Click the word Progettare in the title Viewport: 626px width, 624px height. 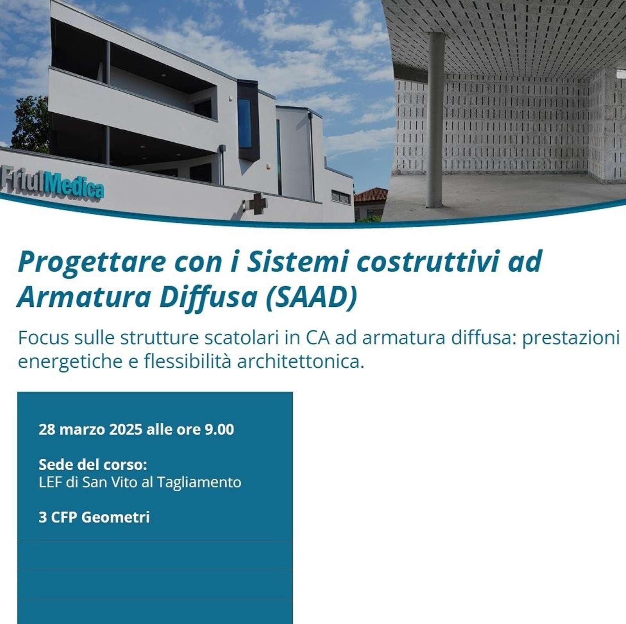click(x=92, y=263)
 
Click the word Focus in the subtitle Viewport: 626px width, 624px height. click(x=43, y=338)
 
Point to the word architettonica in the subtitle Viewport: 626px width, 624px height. click(x=300, y=361)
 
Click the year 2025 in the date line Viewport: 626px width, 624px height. click(x=126, y=430)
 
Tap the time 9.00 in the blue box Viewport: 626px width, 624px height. click(x=219, y=430)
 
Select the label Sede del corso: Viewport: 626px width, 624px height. click(x=93, y=465)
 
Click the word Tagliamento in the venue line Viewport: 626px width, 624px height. click(x=199, y=483)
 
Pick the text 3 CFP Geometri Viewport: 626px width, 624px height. click(x=94, y=517)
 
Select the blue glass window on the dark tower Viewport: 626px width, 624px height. click(x=245, y=123)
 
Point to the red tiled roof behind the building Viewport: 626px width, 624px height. click(x=371, y=195)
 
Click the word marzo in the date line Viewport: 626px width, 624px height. click(x=83, y=430)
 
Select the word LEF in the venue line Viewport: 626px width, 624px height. click(x=50, y=482)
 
